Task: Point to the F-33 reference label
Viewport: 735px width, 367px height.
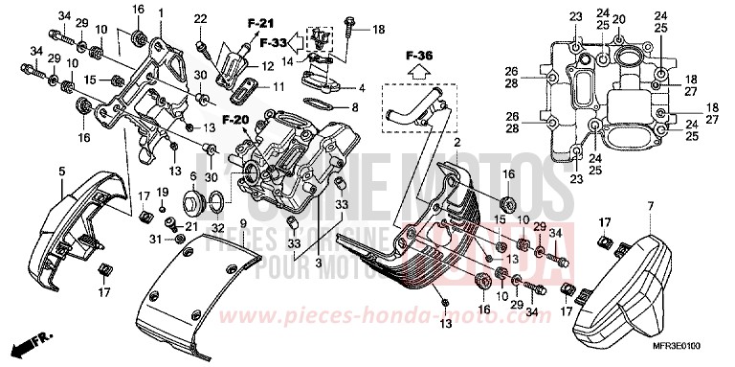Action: pos(273,44)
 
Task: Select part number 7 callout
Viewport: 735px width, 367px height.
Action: pos(649,207)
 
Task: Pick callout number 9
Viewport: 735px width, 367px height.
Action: pos(242,223)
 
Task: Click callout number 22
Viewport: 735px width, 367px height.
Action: pos(201,19)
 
